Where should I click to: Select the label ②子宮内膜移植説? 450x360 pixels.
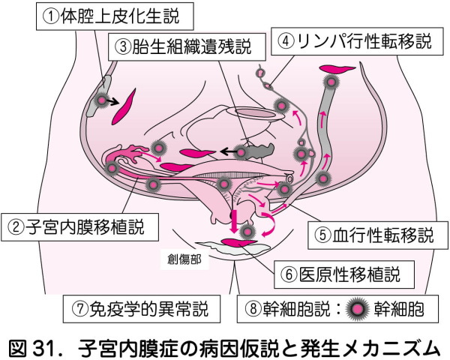point(83,223)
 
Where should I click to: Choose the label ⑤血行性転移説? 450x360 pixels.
point(372,235)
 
